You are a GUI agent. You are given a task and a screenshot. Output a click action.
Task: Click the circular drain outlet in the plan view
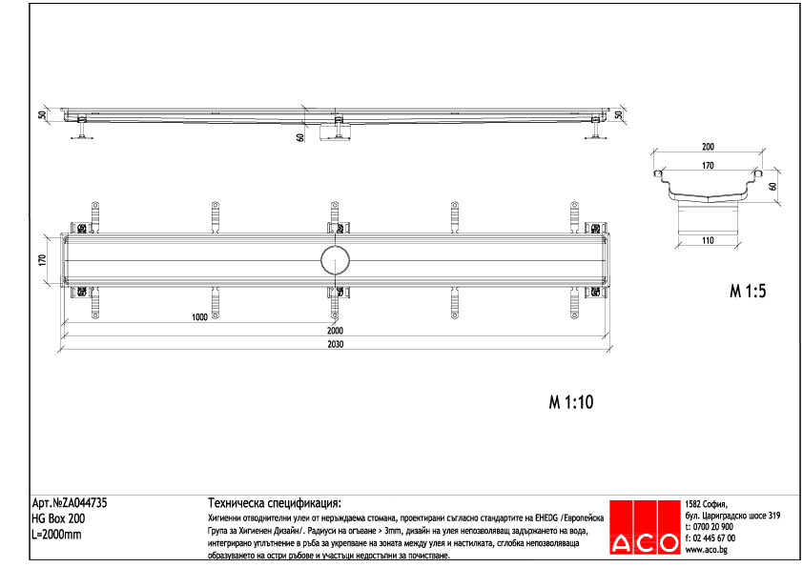[x=335, y=259]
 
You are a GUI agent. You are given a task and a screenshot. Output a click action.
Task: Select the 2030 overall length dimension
[x=336, y=345]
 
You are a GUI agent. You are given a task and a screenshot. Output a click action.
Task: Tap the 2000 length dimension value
[x=336, y=330]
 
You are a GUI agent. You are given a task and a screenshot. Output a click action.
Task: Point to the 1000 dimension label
[x=199, y=317]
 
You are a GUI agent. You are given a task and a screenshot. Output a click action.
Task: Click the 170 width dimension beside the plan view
[x=42, y=259]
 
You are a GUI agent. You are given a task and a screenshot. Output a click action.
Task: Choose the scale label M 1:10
[x=571, y=402]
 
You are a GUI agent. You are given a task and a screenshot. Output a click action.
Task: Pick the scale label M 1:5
[x=748, y=292]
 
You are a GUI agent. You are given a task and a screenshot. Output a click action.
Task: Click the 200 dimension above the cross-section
[x=708, y=148]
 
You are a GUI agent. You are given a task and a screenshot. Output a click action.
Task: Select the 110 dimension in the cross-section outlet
[x=708, y=240]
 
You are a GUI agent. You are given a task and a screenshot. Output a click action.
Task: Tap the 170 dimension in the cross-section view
[x=708, y=166]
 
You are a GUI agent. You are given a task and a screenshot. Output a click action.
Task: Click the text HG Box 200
[x=58, y=519]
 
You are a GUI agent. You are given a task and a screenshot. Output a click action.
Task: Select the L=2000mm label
[x=57, y=535]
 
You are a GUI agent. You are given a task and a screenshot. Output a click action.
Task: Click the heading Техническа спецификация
[x=275, y=503]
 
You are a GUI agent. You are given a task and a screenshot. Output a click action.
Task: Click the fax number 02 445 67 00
[x=713, y=538]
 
